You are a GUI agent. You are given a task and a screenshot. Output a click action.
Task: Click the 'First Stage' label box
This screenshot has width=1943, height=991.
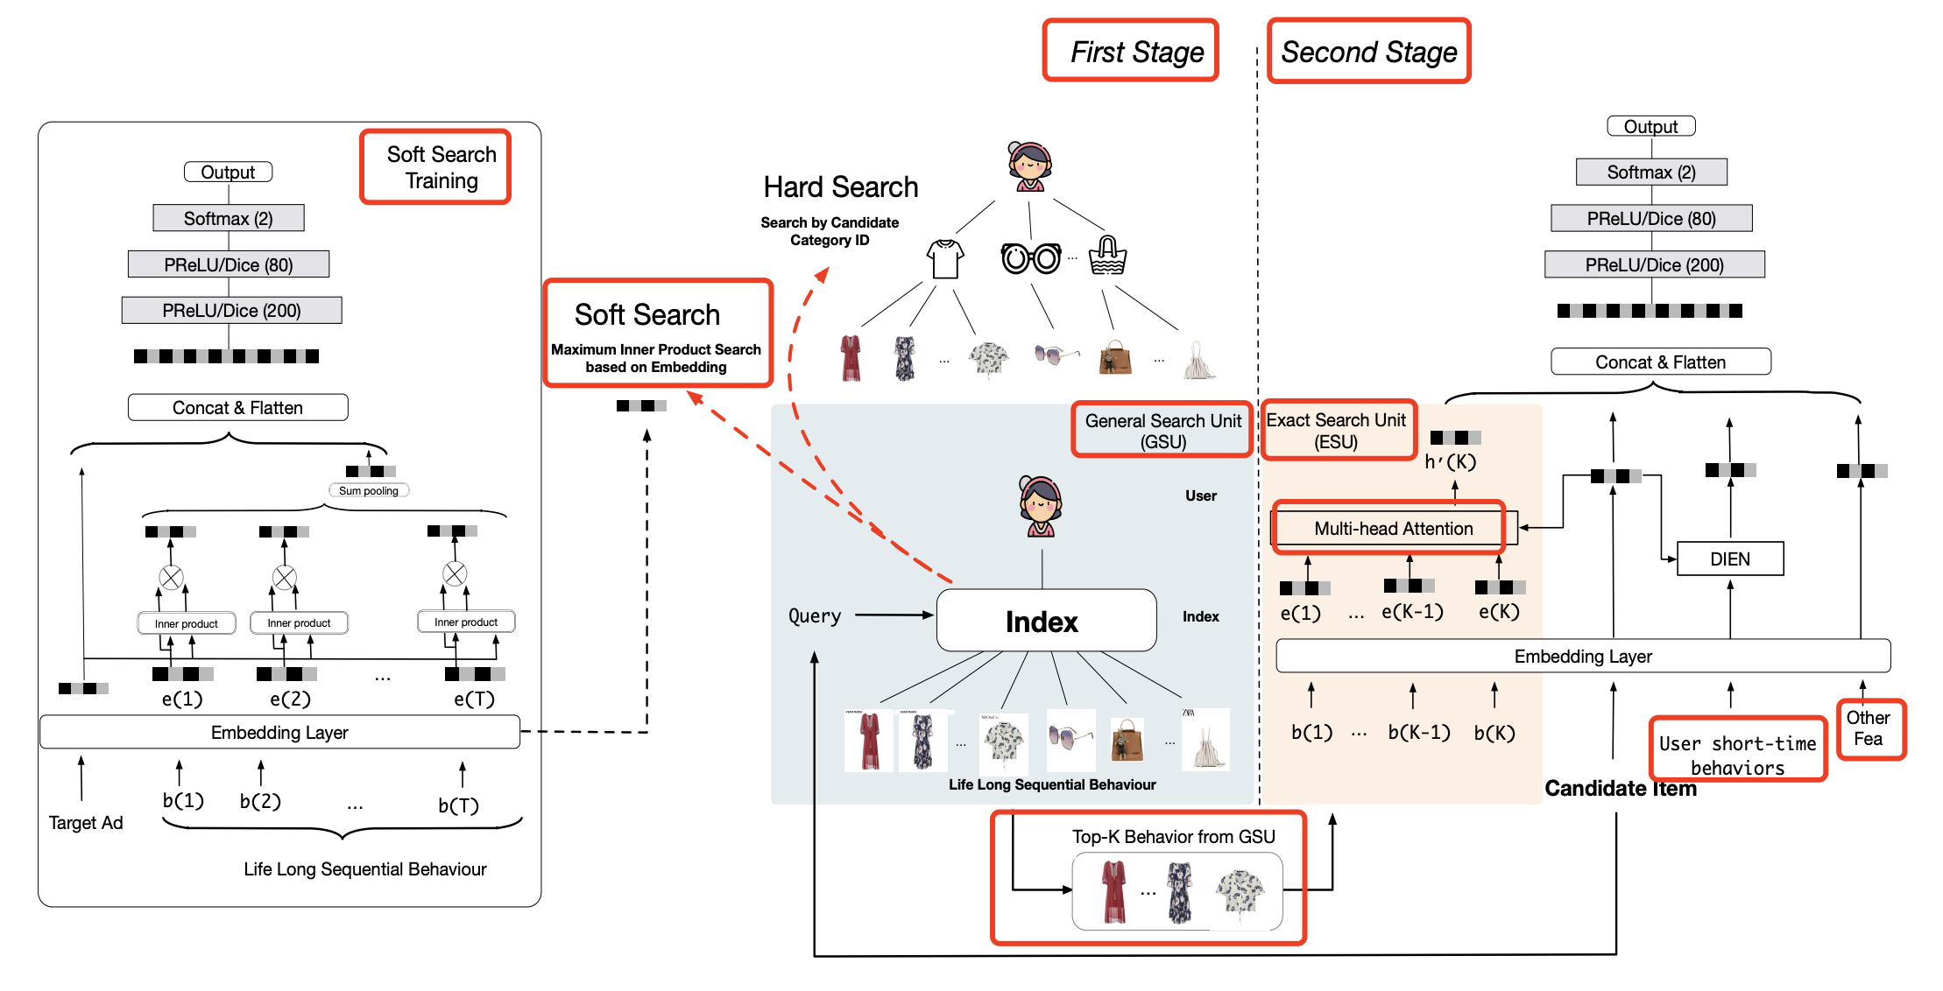point(1130,51)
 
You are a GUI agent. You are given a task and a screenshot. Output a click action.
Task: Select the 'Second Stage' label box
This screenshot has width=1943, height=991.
point(1368,51)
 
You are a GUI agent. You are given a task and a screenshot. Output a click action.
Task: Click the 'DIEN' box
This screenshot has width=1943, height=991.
point(1729,559)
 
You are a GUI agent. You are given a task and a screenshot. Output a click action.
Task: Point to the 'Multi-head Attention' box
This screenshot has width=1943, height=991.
point(1392,528)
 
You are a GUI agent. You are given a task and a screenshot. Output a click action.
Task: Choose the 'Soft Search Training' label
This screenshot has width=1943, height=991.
point(435,167)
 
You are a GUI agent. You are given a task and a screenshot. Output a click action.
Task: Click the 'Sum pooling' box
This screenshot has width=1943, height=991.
point(369,490)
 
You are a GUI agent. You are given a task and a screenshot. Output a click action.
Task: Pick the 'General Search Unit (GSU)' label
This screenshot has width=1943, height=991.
point(1162,430)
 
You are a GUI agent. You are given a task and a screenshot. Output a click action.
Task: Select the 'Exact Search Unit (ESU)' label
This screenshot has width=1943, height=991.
point(1337,430)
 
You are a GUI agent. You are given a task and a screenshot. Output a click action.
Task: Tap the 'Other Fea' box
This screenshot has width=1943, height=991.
point(1869,728)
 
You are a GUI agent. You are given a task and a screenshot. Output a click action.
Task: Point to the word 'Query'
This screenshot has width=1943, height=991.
point(815,615)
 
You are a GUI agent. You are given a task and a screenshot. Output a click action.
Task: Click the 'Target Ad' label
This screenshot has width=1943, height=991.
point(86,822)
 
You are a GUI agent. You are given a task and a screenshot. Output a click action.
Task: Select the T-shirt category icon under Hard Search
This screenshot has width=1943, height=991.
point(945,259)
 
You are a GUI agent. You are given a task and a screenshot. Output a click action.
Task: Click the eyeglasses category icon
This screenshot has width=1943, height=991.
point(1031,258)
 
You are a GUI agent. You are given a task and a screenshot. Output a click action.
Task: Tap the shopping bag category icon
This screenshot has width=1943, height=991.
point(1107,256)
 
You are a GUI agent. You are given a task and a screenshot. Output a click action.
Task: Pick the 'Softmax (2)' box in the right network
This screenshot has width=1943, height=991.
point(1650,172)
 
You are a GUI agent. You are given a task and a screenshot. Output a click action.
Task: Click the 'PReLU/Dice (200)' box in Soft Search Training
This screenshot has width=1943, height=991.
point(231,310)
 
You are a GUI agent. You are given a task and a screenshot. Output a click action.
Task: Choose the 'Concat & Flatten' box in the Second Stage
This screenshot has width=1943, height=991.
point(1660,362)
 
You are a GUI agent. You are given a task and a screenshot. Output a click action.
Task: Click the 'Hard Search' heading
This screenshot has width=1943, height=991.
point(840,186)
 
